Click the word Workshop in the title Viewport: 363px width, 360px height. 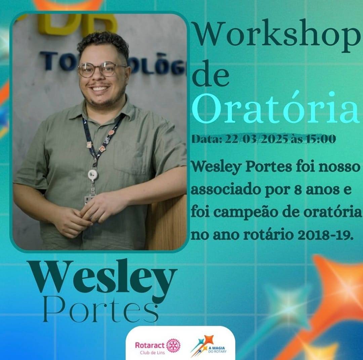(275, 36)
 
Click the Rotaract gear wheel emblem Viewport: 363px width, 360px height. (173, 346)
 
